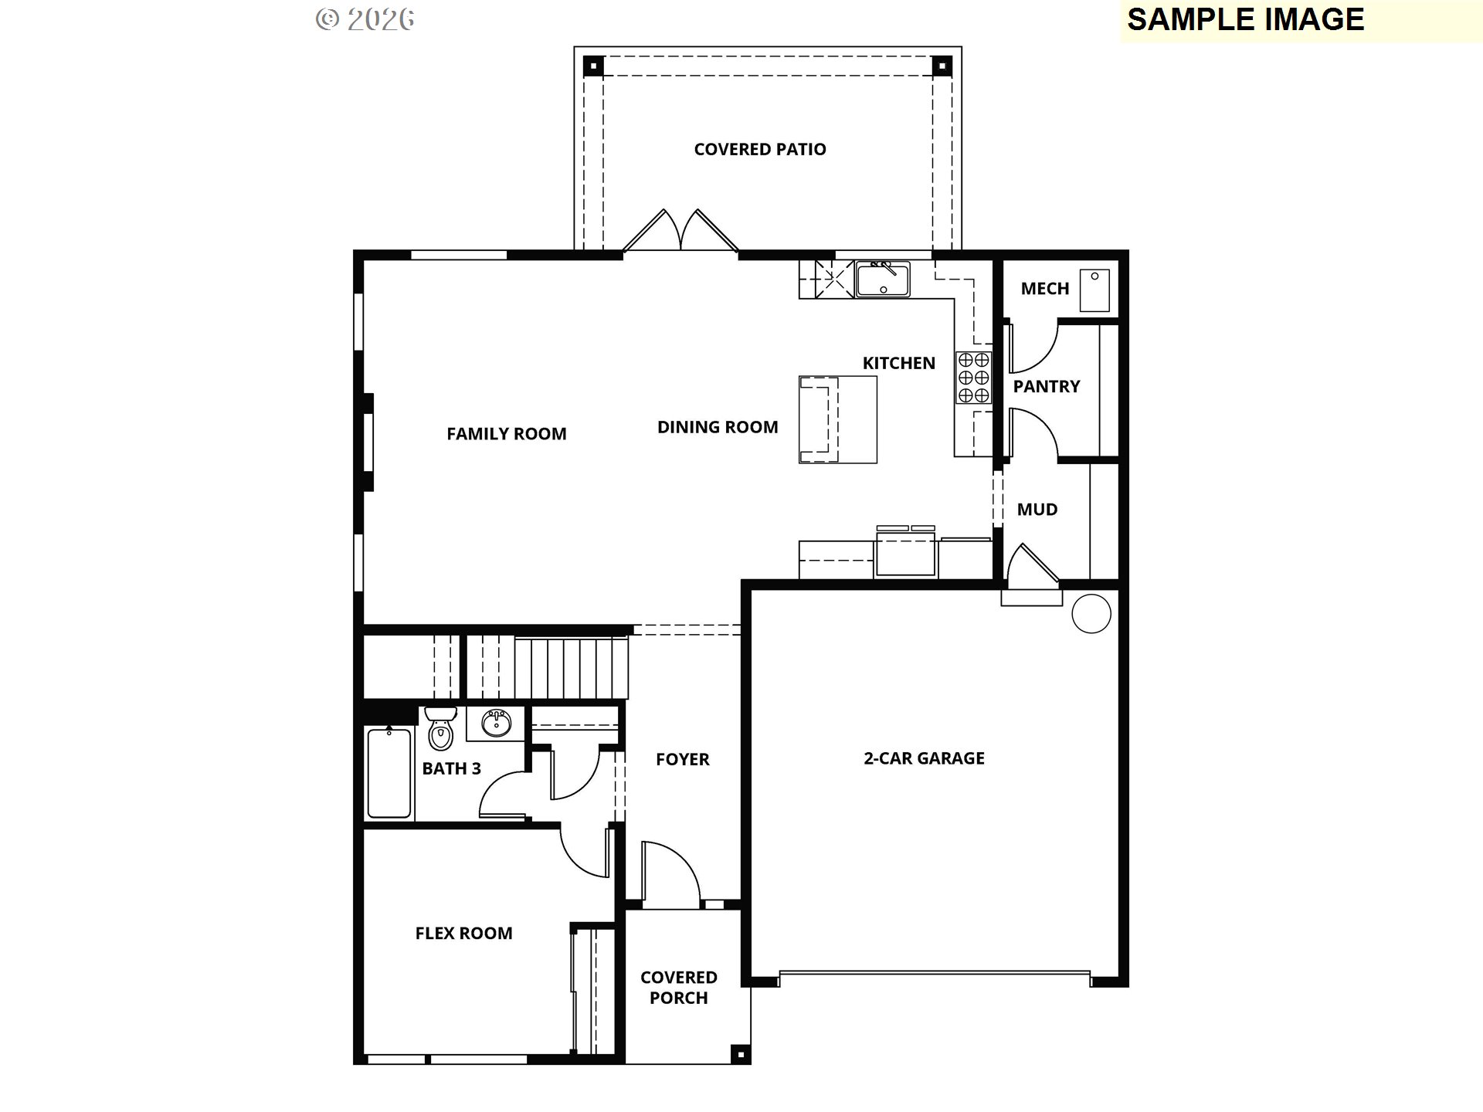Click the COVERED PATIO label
click(x=760, y=149)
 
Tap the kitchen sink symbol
click(x=883, y=279)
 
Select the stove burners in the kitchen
click(x=973, y=378)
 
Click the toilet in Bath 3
click(x=440, y=728)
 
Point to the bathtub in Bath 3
click(x=389, y=773)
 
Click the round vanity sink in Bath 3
click(x=495, y=724)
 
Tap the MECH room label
click(x=1044, y=289)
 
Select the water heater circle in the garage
click(x=1091, y=614)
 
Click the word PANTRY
click(x=1046, y=386)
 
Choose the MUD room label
click(x=1037, y=510)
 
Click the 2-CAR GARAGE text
click(x=924, y=758)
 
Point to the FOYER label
click(x=682, y=760)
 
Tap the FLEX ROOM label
click(x=463, y=934)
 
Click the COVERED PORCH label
click(x=678, y=988)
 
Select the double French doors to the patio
click(x=680, y=232)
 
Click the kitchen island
click(x=838, y=419)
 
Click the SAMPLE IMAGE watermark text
click(x=1245, y=20)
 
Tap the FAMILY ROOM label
click(x=506, y=434)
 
